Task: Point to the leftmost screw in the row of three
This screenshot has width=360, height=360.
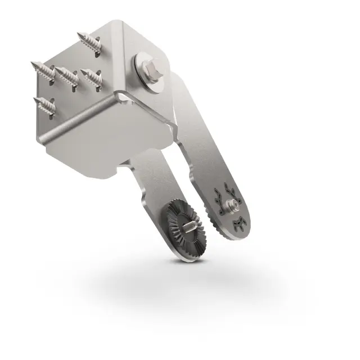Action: click(x=44, y=69)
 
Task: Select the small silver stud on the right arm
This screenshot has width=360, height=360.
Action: click(x=229, y=204)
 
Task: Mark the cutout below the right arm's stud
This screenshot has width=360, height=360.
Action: click(x=237, y=223)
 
